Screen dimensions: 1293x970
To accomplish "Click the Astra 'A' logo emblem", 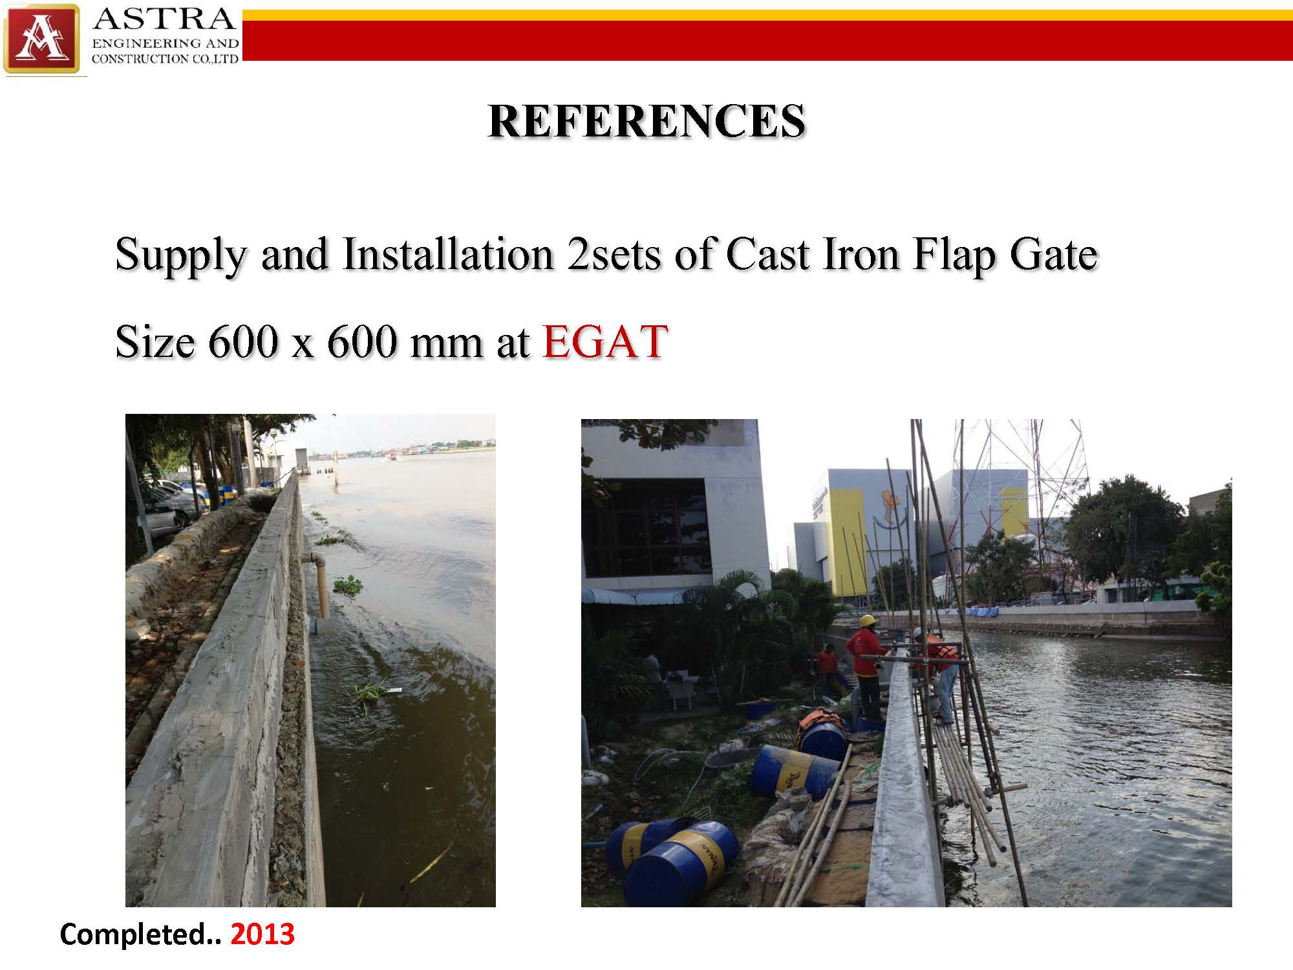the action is pos(42,39).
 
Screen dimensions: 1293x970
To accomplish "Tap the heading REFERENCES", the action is pos(646,121).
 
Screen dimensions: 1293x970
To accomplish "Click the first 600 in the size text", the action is pos(242,341).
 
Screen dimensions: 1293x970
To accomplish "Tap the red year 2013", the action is pos(262,934).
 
